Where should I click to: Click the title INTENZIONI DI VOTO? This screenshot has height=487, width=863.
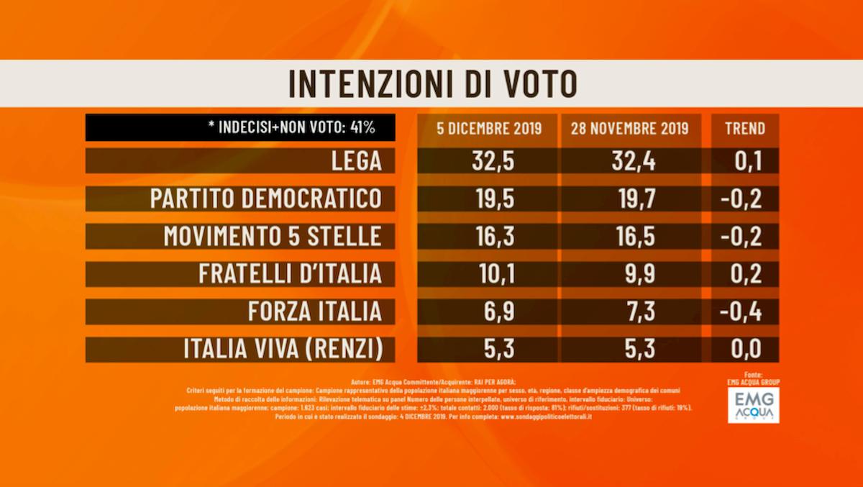pos(432,83)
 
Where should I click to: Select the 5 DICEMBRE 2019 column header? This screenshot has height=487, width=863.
pos(489,129)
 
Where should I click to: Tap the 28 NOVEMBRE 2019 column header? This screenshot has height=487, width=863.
pos(630,129)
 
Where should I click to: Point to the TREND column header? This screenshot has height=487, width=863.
pos(745,129)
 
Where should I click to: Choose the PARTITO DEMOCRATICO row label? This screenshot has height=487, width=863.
pos(265,199)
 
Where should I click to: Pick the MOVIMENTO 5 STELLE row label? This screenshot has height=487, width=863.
pos(273,236)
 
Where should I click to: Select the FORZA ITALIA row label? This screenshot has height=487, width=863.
pos(314,311)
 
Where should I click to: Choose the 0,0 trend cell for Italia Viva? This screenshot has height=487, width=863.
pos(745,350)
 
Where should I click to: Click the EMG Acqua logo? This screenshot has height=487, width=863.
pos(753,406)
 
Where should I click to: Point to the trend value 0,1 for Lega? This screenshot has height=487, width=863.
pos(745,161)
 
